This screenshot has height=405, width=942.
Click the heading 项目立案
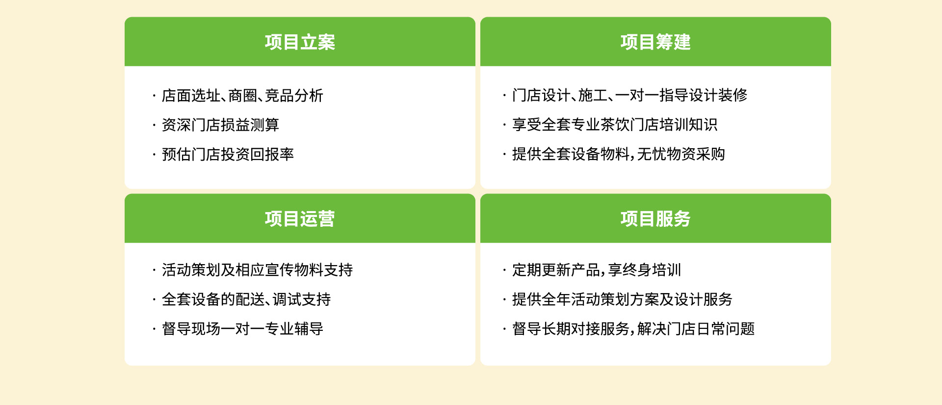300,42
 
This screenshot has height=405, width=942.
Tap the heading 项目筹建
655,42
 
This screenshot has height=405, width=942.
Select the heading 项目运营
300,219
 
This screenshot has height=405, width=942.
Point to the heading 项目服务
655,219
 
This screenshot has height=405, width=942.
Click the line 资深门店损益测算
220,125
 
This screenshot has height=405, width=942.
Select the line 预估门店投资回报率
228,154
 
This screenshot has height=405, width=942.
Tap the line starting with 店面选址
242,95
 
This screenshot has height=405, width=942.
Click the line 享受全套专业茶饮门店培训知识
615,125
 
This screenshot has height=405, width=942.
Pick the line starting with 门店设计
629,95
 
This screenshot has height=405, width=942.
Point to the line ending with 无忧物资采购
618,154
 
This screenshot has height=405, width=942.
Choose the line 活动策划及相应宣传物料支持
257,270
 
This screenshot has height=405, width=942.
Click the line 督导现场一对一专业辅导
242,329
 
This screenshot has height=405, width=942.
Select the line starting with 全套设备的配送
246,299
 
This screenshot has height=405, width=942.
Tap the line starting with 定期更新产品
597,270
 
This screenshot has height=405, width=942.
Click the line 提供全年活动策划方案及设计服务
622,299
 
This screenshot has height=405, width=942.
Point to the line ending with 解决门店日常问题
633,329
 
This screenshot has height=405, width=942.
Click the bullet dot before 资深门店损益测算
154,125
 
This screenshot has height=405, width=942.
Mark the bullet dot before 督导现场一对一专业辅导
154,329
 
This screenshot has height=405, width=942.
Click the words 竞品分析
294,95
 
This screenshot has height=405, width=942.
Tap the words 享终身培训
644,270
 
